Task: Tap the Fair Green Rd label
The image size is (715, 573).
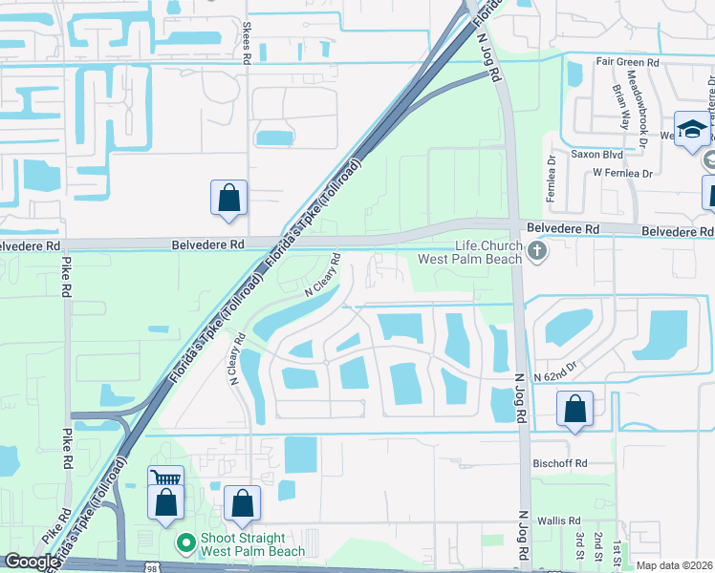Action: [627, 62]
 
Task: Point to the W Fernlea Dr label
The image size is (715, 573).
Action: [621, 173]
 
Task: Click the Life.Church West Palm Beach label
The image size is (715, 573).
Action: [474, 253]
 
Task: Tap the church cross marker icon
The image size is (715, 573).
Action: [537, 252]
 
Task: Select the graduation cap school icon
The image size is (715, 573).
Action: [691, 128]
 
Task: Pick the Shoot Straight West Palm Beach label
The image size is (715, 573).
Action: [252, 544]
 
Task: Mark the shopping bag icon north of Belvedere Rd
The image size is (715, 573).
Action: [229, 198]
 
